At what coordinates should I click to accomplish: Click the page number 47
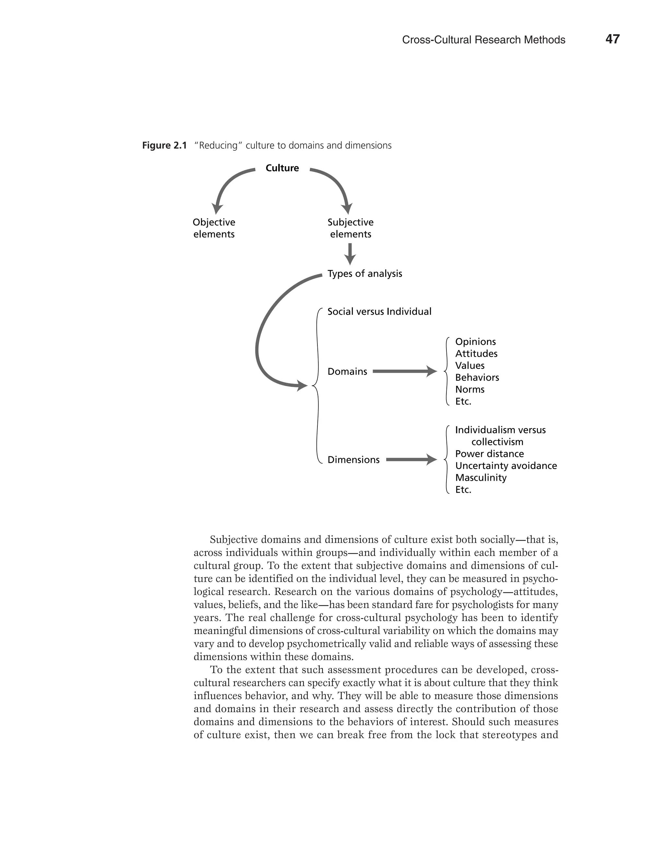[612, 39]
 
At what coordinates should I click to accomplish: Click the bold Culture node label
[282, 168]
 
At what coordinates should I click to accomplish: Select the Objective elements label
[214, 228]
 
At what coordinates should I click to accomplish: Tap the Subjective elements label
[350, 228]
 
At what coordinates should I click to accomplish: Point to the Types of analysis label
[365, 274]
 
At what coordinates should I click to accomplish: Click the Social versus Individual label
[379, 312]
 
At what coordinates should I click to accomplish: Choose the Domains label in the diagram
[347, 371]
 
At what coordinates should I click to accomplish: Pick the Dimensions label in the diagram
[353, 459]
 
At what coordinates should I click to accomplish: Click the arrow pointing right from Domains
[404, 371]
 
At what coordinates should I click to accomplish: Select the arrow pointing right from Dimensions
[411, 459]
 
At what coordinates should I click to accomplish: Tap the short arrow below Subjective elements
[350, 254]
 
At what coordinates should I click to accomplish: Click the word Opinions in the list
[475, 342]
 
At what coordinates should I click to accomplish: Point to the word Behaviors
[477, 378]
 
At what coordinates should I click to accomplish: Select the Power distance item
[489, 454]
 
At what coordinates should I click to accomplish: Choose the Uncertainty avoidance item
[506, 466]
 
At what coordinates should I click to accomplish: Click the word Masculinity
[481, 477]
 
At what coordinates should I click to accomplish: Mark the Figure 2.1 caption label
[164, 146]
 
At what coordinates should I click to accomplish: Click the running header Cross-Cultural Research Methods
[483, 40]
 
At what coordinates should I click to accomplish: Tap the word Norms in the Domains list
[470, 389]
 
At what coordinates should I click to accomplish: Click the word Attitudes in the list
[476, 354]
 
